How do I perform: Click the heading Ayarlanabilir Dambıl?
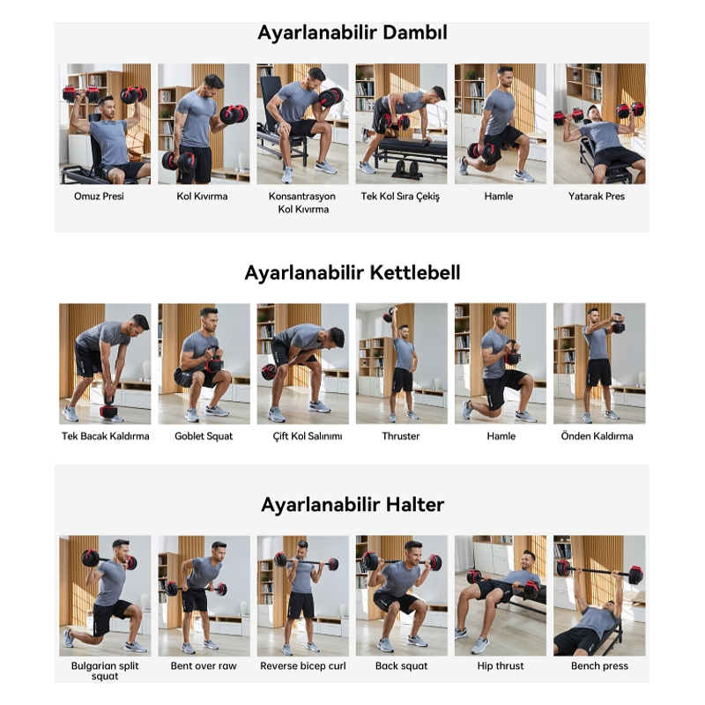click(352, 33)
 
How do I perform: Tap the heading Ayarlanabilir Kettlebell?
click(352, 272)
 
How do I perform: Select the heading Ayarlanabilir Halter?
click(352, 504)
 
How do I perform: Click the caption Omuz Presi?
click(99, 196)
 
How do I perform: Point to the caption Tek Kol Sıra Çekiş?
click(400, 197)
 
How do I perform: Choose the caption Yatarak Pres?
click(597, 196)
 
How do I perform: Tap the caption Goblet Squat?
click(204, 436)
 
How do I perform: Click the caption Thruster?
click(401, 436)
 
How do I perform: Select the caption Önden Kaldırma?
click(597, 435)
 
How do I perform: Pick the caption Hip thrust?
click(501, 666)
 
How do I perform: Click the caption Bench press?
click(599, 666)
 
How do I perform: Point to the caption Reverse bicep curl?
click(303, 666)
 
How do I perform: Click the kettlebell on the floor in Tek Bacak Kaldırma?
click(108, 409)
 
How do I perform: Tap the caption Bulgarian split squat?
click(105, 671)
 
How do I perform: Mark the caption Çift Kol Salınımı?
click(308, 436)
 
